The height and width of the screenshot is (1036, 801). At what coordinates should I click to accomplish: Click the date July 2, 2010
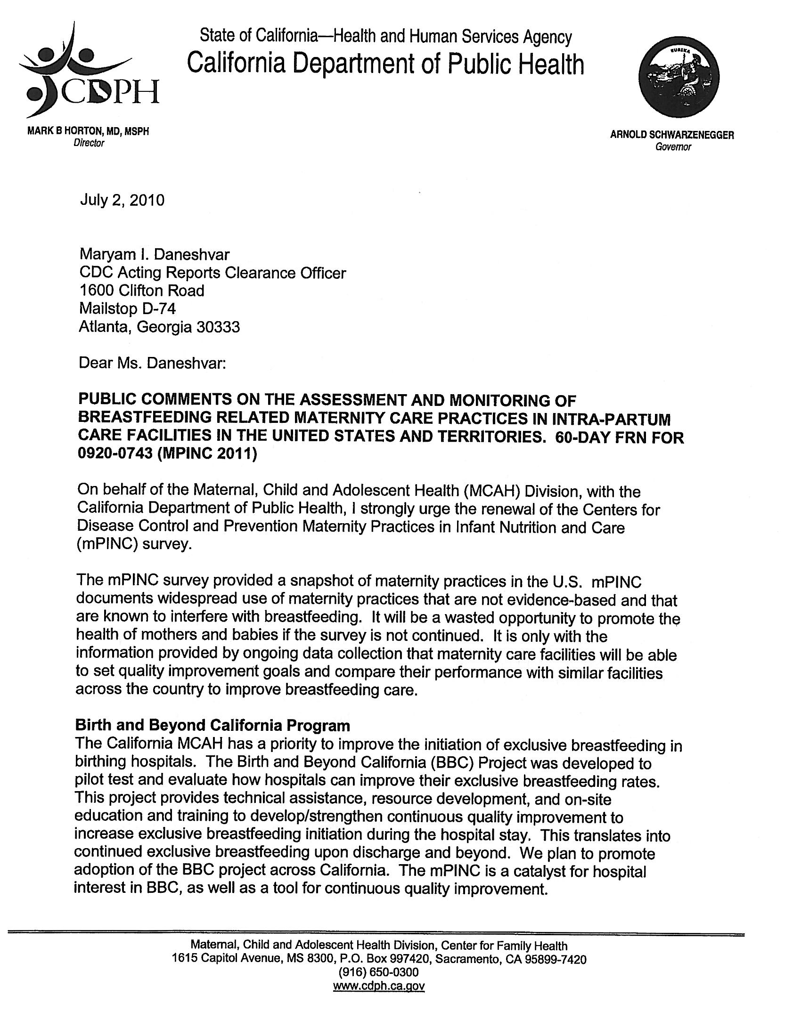coord(122,200)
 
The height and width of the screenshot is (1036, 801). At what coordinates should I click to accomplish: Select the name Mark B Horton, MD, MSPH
coord(88,132)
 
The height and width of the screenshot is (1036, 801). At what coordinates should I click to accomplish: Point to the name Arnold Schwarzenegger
coord(672,135)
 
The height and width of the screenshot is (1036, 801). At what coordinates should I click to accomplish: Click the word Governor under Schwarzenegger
coord(673,147)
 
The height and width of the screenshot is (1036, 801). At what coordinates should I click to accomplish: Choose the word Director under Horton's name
coord(88,143)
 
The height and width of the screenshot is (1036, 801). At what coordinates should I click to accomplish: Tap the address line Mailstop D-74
coord(127,309)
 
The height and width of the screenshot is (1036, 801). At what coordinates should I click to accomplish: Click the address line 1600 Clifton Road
coord(141,290)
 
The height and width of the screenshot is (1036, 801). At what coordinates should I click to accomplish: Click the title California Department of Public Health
coord(385,64)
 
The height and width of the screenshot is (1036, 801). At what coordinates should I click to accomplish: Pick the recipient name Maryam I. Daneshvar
coord(154,255)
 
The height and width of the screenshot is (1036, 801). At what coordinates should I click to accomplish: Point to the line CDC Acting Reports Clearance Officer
coord(212,273)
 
